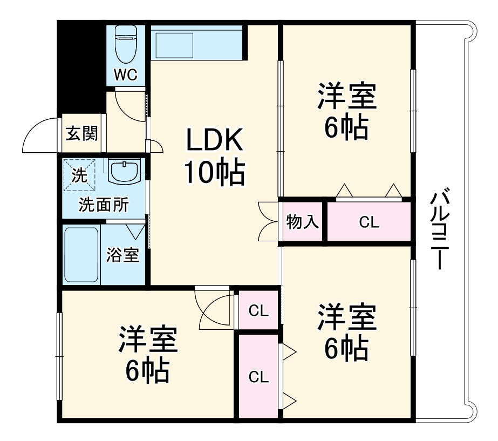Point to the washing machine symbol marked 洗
79,174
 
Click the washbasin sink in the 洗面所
125,172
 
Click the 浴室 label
122,254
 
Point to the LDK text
215,141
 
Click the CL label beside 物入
370,222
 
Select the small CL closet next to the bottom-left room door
258,310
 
